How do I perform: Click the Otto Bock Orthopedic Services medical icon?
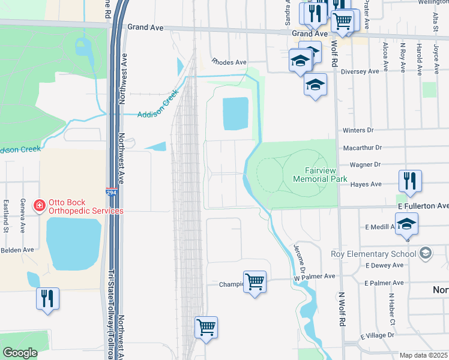(39, 206)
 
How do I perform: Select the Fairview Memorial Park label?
(318, 175)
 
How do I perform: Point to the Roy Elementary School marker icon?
(426, 253)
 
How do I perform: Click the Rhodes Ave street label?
(229, 62)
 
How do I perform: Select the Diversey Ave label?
(360, 71)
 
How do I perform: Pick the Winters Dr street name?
(358, 130)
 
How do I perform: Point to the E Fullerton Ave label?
(423, 206)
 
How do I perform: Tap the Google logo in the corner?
(20, 352)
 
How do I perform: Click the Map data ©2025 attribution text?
(423, 355)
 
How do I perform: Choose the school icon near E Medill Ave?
(406, 224)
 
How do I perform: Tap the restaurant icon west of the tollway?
(47, 298)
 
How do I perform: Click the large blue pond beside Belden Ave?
(73, 243)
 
